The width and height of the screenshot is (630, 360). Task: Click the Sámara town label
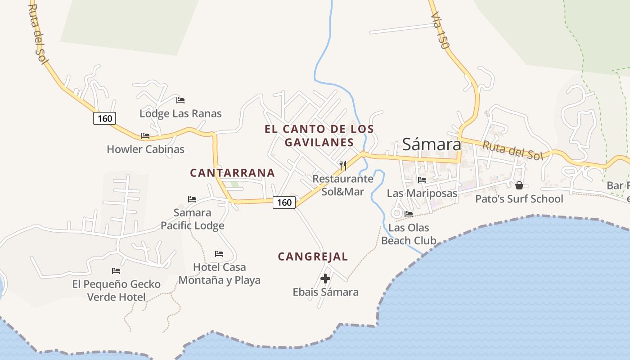432,144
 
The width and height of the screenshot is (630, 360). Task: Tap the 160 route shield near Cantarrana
284,202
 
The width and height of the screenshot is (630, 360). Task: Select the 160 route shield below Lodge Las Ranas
105,118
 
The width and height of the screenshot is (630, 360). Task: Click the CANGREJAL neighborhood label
313,256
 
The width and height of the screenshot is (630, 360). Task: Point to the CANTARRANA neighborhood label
232,173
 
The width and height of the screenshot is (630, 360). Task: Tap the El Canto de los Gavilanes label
319,135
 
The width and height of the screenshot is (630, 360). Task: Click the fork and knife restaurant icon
343,165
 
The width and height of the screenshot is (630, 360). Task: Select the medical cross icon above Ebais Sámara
325,279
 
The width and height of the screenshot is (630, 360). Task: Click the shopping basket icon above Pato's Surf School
519,185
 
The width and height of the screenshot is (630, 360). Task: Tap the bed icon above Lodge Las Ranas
180,100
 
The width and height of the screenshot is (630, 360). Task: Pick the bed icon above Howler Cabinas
145,135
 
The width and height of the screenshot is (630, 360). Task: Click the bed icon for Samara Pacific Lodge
192,199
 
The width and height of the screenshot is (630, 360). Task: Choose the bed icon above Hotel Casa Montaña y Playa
219,254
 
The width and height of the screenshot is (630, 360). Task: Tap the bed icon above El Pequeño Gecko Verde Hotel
116,271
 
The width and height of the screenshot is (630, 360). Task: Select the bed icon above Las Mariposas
422,180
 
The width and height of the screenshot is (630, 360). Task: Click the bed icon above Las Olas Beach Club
409,214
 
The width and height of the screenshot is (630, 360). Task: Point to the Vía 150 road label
440,30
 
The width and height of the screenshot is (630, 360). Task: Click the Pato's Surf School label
519,199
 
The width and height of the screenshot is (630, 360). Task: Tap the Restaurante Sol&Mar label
343,185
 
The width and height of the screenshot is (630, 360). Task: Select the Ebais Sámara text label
326,292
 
